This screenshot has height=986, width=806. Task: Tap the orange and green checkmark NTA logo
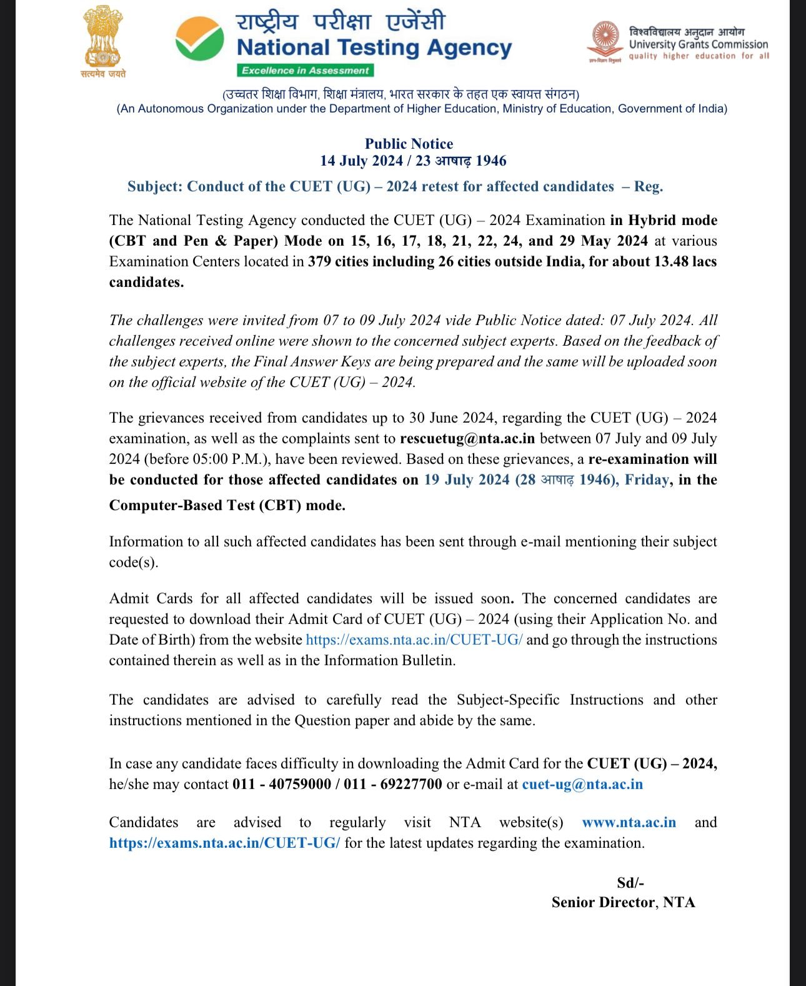199,38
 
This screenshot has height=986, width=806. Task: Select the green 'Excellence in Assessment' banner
305,71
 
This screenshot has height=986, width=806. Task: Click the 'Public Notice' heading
409,144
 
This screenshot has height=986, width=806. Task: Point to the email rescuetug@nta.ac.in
467,438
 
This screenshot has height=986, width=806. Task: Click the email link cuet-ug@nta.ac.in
582,784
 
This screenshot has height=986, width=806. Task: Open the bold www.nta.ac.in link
629,822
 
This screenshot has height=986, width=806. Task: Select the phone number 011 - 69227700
393,784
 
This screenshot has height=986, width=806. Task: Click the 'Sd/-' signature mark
630,883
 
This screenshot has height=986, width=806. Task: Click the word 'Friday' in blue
647,480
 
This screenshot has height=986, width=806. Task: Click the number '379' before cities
319,261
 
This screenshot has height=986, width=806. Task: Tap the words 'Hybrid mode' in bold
672,220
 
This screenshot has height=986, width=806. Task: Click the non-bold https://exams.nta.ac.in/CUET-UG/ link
414,640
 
